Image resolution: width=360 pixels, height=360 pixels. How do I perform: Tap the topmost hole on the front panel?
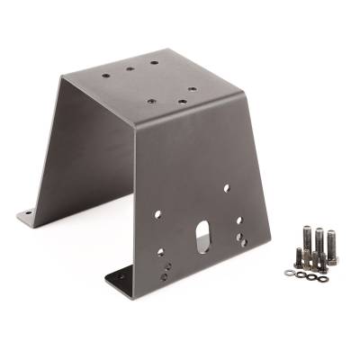click(226, 187)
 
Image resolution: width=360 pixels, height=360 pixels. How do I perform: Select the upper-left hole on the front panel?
click(158, 214)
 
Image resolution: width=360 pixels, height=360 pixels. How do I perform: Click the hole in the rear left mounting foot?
click(28, 215)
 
